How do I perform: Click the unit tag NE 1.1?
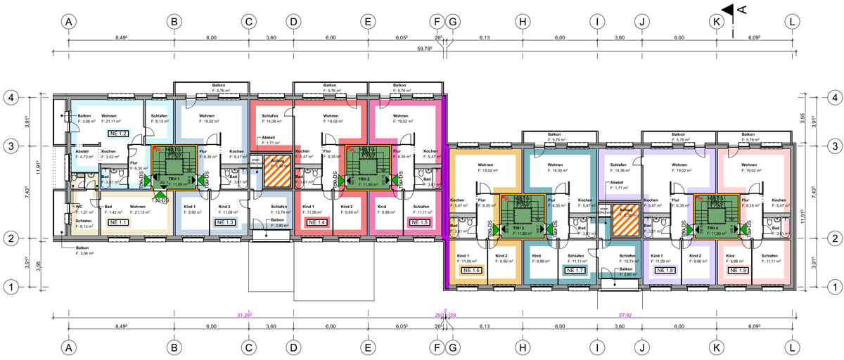117,221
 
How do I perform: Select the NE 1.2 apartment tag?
117,133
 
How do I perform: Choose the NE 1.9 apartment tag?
740,269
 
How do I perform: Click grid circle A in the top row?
68,22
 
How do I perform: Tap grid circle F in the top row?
439,22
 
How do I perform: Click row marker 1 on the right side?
832,287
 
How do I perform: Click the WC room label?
79,206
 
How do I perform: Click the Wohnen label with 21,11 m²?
113,119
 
